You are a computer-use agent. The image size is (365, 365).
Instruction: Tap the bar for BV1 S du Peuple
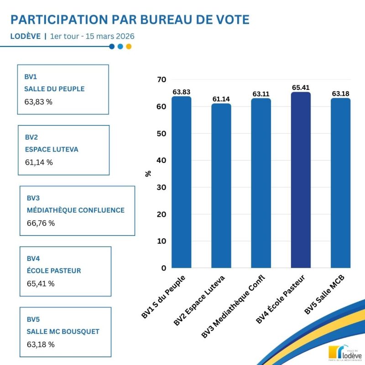point(181,182)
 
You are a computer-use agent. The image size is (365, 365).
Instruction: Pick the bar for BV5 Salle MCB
point(340,183)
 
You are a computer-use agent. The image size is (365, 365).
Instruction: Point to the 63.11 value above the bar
point(261,94)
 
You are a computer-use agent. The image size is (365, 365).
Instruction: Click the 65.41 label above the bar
point(301,88)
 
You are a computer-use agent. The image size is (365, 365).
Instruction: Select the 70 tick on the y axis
point(162,80)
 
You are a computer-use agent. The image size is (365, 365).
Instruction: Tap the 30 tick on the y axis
point(162,188)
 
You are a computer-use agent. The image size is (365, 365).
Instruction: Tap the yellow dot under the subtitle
point(129,46)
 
